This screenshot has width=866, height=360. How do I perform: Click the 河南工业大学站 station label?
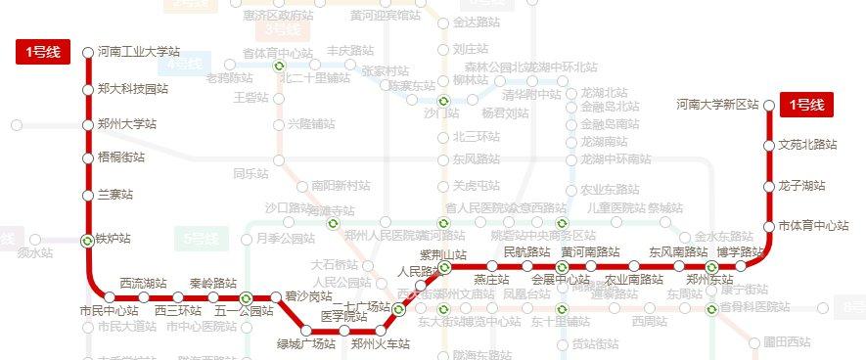(x=139, y=52)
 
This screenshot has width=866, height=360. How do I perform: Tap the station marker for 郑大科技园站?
(x=88, y=89)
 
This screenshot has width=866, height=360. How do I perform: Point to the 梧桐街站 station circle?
(x=88, y=157)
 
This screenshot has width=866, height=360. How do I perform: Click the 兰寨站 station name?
(x=114, y=196)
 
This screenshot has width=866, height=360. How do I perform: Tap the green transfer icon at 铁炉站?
(x=88, y=239)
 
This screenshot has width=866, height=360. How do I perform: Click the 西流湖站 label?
(x=143, y=283)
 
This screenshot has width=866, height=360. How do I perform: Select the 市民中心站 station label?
(x=109, y=311)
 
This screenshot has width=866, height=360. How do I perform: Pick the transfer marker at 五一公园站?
(x=246, y=297)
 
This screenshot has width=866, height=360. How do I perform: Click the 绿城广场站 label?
(x=306, y=343)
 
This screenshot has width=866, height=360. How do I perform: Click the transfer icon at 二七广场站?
(x=399, y=310)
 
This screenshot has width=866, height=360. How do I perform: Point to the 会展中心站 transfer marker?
(x=563, y=266)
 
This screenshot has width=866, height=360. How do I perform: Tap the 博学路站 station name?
(x=739, y=251)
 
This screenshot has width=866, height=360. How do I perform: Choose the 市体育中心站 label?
(x=813, y=226)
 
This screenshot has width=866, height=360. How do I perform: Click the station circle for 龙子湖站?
(x=770, y=186)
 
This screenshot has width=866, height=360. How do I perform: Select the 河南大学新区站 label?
(x=717, y=105)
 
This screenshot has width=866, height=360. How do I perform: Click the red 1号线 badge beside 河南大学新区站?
(x=806, y=105)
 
